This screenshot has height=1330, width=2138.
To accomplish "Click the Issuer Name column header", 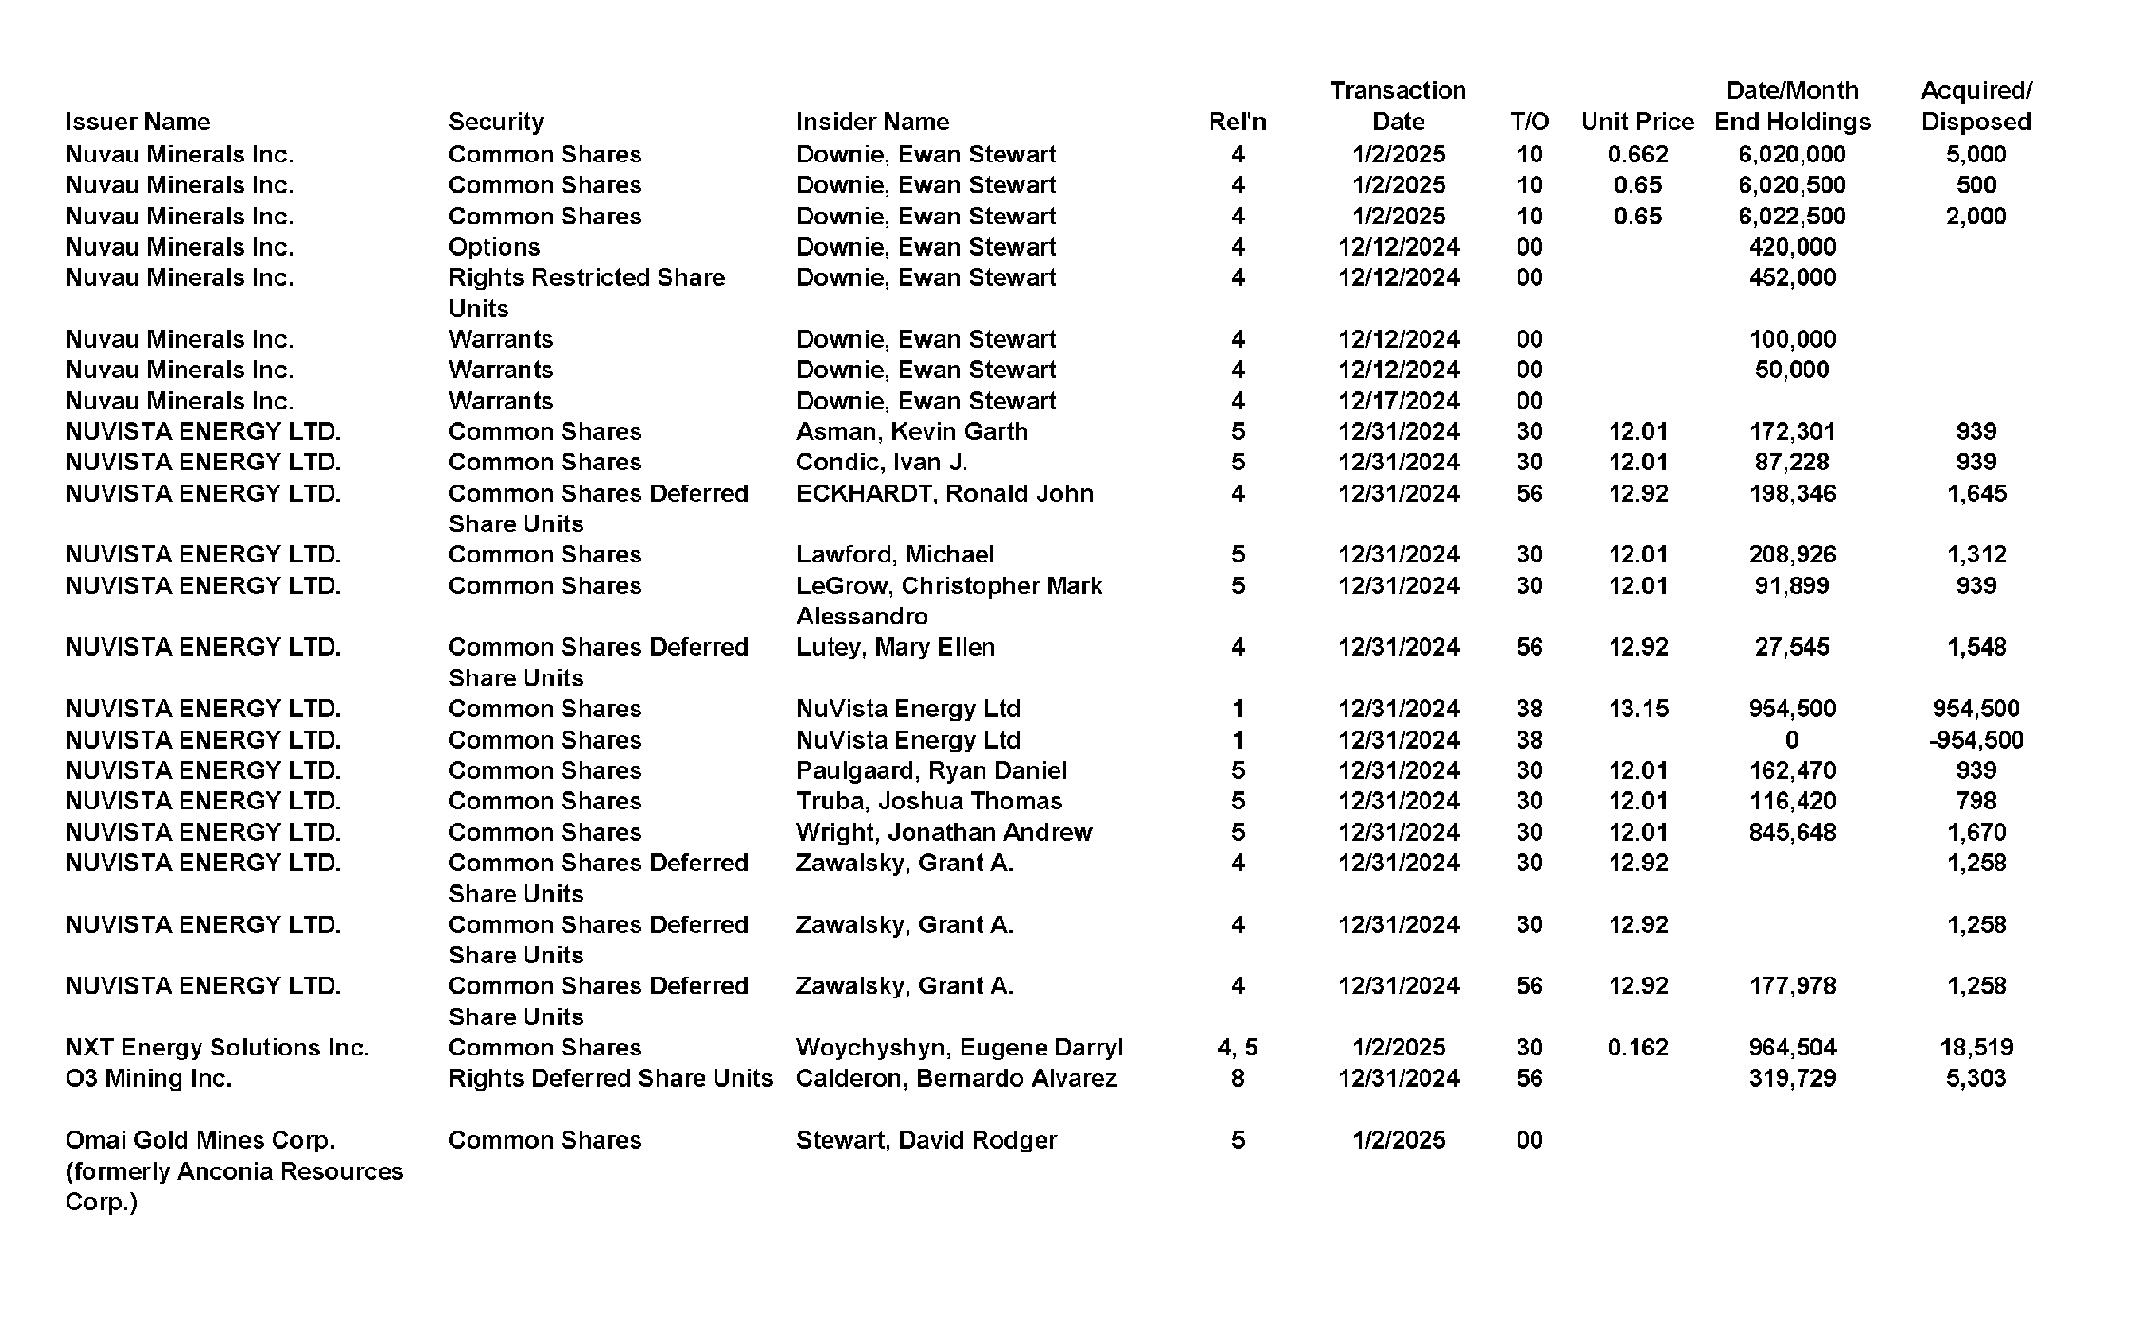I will point(138,122).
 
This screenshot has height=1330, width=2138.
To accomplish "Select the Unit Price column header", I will point(1637,122).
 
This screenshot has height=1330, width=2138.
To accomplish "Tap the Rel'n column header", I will point(1236,122).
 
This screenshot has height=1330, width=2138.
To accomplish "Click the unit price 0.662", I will point(1637,154).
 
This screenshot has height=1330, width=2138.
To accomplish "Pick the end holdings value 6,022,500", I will point(1791,216).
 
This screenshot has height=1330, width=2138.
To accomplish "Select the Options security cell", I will point(493,247).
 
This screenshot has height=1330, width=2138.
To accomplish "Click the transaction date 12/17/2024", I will point(1398,401).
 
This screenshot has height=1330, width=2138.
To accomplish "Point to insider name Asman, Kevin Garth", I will point(911,431).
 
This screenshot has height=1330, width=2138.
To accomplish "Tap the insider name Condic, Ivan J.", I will point(881,462).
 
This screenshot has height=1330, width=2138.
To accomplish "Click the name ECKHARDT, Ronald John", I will point(944,493).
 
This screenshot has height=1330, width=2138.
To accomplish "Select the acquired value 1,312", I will point(1976,554).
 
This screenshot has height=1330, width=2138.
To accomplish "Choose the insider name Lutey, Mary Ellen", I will point(894,647).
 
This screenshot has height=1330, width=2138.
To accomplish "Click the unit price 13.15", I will point(1637,709).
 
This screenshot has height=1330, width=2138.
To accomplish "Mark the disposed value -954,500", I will point(1976,739).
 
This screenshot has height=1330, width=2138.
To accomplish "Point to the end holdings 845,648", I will point(1791,832).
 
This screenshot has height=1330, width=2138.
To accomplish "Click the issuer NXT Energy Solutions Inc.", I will point(217,1047).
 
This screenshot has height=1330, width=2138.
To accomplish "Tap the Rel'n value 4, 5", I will point(1236,1047).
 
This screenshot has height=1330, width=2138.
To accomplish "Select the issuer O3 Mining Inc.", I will point(148,1078).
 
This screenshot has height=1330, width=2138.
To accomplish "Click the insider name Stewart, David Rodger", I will point(926,1139).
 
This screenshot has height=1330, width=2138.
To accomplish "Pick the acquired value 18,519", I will point(1976,1047).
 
